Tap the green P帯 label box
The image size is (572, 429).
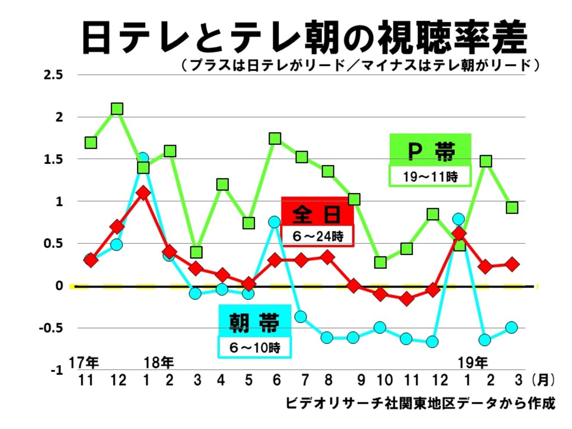click(430, 150)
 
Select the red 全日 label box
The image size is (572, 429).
click(317, 213)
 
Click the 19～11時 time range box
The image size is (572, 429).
click(430, 177)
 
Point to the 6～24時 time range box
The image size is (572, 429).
click(317, 236)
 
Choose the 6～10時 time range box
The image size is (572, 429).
click(255, 347)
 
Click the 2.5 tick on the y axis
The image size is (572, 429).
click(53, 75)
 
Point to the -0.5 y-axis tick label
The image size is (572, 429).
click(51, 328)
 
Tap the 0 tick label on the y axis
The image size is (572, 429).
click(59, 286)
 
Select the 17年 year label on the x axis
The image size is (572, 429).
click(84, 363)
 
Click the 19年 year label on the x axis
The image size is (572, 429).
click(473, 363)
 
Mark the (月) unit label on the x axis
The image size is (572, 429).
click(543, 380)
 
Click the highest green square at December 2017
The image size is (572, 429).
click(117, 109)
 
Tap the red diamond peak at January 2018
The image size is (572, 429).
click(143, 193)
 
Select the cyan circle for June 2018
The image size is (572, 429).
click(275, 222)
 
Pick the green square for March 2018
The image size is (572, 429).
click(196, 252)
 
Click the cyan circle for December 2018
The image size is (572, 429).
click(432, 342)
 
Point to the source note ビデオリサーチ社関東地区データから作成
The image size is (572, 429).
click(420, 404)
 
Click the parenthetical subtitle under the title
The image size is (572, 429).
click(360, 65)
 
